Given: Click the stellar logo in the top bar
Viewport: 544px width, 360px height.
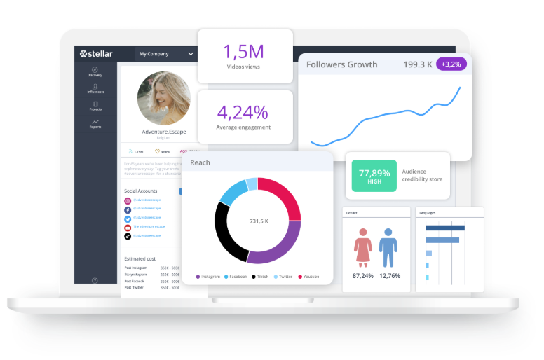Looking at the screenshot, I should [95, 53].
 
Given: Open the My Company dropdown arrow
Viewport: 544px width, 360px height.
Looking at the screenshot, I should [191, 54].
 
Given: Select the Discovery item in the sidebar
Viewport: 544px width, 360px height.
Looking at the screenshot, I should [95, 71].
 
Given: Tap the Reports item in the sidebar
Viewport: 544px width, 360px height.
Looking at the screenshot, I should [95, 124].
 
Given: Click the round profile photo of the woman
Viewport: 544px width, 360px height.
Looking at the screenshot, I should [163, 97].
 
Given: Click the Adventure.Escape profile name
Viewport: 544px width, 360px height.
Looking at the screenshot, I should [163, 132].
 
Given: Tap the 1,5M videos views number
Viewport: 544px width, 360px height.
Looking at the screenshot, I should [244, 51].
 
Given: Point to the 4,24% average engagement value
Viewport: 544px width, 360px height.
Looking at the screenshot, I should [243, 112].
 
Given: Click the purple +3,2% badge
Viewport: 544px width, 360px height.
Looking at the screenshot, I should [451, 64].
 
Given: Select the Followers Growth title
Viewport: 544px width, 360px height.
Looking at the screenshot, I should [341, 64].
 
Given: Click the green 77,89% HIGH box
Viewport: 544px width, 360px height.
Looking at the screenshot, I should [374, 176].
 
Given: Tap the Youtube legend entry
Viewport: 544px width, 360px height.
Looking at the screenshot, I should [308, 277].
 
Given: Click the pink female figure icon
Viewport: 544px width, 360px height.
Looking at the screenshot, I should [362, 248].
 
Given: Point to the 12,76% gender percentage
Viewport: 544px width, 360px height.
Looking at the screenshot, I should [390, 275].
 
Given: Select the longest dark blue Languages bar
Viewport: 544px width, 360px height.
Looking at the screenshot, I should [445, 228].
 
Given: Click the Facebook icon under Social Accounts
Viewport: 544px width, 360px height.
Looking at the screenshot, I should [128, 209].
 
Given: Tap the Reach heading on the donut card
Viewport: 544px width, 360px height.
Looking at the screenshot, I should [200, 162].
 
